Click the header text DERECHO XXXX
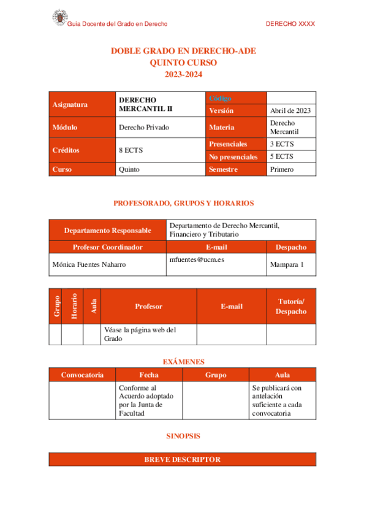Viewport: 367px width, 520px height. [x=290, y=24]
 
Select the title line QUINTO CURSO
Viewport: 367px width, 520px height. [x=183, y=63]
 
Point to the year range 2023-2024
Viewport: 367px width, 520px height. [x=183, y=74]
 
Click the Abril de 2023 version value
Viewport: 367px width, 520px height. [x=290, y=110]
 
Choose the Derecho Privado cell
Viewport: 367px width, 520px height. [x=143, y=128]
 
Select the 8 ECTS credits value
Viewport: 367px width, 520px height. [x=131, y=150]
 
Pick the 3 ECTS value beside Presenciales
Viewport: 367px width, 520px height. [x=282, y=143]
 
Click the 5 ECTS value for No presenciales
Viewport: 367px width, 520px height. [x=282, y=156]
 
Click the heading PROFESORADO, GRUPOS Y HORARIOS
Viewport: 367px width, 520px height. [x=183, y=203]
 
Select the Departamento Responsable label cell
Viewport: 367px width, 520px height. [x=107, y=231]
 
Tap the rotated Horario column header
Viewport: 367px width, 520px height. [x=73, y=306]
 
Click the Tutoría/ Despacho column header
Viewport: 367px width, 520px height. [x=291, y=306]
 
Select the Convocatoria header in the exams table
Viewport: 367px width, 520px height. [x=82, y=375]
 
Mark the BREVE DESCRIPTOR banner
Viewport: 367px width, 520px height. [x=183, y=459]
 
